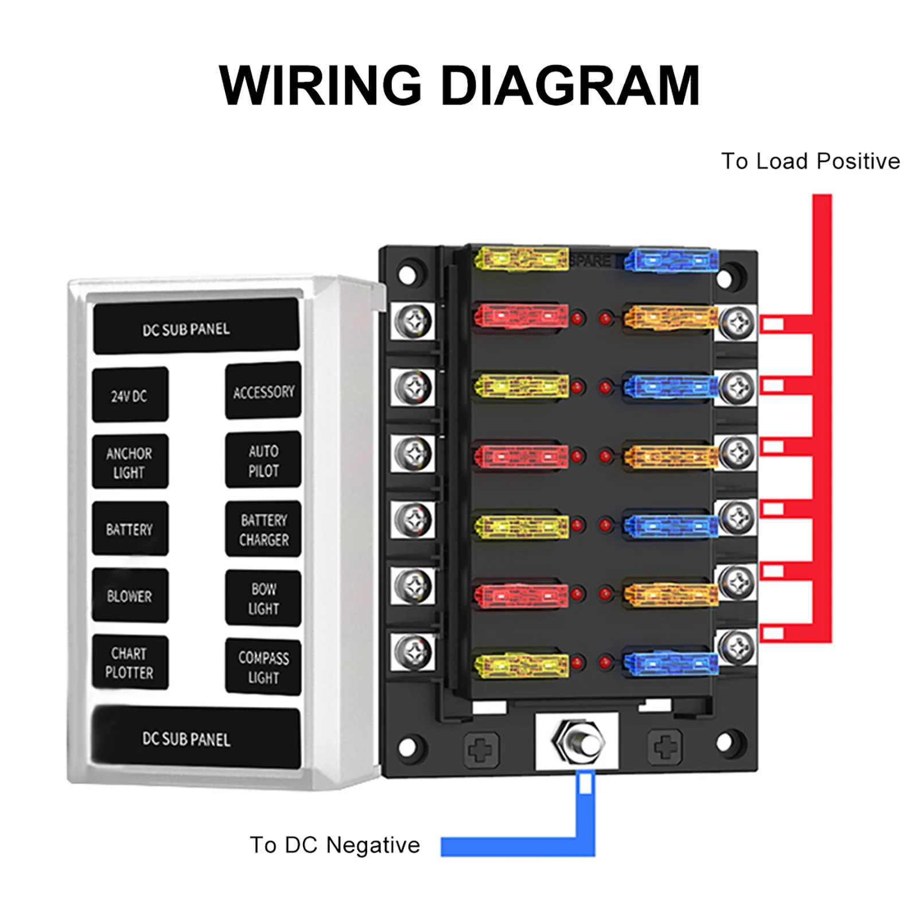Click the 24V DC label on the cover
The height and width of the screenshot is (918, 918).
click(130, 395)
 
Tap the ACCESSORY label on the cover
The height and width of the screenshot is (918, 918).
click(263, 392)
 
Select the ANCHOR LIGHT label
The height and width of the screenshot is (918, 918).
click(130, 462)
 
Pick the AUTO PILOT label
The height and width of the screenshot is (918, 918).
click(263, 461)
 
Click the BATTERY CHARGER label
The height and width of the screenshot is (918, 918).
click(263, 530)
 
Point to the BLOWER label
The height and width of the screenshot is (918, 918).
click(130, 596)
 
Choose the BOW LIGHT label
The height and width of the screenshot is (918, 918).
click(263, 598)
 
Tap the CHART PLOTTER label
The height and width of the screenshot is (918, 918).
click(130, 663)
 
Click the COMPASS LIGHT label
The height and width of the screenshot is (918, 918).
click(263, 667)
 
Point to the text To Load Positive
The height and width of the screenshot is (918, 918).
click(810, 161)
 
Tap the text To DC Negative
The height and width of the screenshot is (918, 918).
click(335, 845)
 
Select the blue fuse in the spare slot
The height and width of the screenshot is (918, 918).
click(671, 261)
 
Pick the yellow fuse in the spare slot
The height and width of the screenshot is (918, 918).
click(521, 258)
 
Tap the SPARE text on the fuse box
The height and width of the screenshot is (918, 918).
click(590, 261)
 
